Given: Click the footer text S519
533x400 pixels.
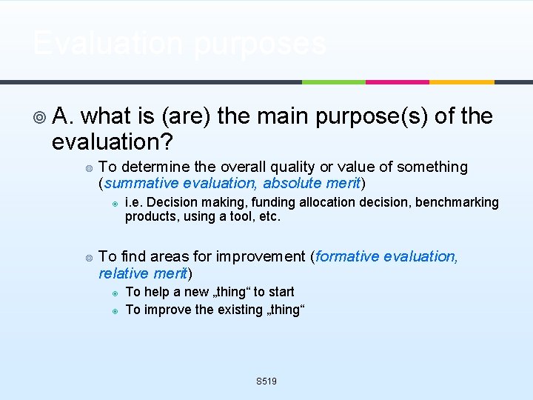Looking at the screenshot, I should [266, 381].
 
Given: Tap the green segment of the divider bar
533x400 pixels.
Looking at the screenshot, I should [333, 81].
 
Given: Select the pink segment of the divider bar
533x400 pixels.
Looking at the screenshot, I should [398, 81].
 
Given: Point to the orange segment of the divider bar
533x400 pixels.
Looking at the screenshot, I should [461, 81].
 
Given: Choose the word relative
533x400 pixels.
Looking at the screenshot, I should [121, 273].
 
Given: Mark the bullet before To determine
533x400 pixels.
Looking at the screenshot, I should [88, 167].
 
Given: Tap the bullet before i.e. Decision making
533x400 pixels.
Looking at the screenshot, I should [115, 203].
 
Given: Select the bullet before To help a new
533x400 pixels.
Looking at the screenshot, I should [115, 293].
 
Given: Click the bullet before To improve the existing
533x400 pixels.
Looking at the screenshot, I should [115, 310].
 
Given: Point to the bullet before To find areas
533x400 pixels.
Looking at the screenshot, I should [88, 257].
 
